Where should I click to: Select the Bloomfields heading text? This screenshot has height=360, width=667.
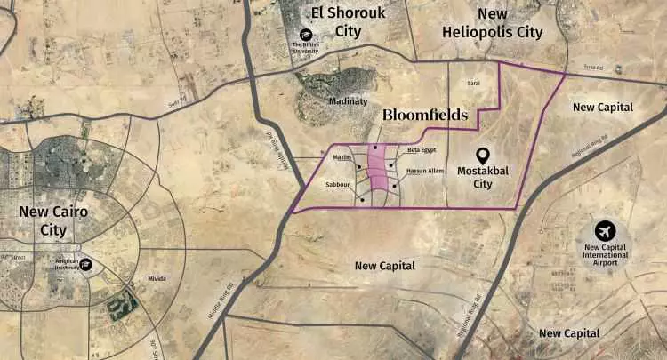tap(423, 116)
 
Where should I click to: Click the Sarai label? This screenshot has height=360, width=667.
tap(474, 83)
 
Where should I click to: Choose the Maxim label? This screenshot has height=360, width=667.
tap(342, 157)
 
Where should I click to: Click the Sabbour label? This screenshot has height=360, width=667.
tap(338, 186)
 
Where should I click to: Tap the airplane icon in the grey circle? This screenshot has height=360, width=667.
tap(607, 230)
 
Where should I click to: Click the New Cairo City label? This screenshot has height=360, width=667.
tap(42, 220)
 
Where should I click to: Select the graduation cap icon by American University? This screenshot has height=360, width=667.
tap(87, 264)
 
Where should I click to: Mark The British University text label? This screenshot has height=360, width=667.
tap(317, 45)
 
